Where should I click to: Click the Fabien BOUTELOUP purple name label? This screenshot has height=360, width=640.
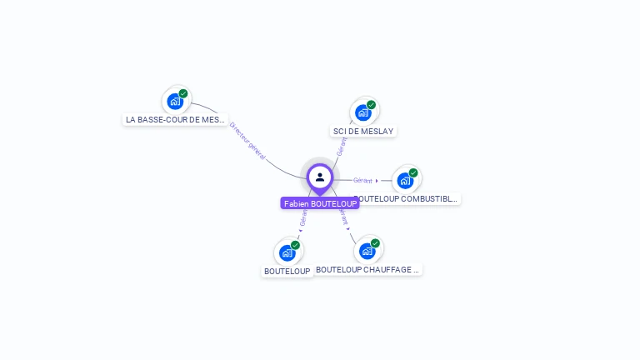tap(320, 203)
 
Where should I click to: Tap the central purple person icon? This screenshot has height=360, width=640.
tap(320, 177)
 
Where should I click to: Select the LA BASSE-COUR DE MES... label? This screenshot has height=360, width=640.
tap(175, 119)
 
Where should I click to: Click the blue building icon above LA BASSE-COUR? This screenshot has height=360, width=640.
tap(175, 102)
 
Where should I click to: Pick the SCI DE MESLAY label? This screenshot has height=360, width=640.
tap(363, 131)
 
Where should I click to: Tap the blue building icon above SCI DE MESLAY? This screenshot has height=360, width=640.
tap(362, 112)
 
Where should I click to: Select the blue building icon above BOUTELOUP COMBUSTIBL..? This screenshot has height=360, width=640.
tap(405, 180)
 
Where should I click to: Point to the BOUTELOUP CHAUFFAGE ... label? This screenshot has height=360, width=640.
tap(367, 269)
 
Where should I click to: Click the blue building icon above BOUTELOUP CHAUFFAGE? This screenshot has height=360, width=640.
tap(367, 251)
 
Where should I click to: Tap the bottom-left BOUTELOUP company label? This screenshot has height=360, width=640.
tap(287, 271)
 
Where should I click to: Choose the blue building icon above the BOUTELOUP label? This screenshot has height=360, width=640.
tap(287, 252)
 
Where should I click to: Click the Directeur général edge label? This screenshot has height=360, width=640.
tap(247, 141)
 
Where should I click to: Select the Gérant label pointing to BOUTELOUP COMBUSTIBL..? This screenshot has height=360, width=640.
tap(362, 180)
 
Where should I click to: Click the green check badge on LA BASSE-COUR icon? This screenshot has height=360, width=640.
tap(183, 93)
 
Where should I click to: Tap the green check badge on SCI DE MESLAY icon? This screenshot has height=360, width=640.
tap(371, 105)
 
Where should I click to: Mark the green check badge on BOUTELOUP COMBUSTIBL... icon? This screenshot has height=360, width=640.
tap(413, 172)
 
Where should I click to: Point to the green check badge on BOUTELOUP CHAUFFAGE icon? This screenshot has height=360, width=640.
tap(375, 243)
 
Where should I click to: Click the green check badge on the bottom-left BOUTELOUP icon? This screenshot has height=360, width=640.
tap(295, 245)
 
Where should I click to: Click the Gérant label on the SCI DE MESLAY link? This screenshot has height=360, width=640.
tap(341, 147)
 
